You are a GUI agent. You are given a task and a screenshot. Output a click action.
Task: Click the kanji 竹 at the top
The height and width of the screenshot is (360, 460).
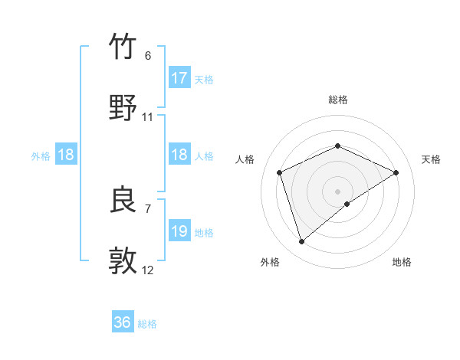point(123,47)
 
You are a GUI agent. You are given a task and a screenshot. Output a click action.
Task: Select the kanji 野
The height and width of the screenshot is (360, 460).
point(123,108)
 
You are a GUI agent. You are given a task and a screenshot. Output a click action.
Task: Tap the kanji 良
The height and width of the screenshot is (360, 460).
point(123,200)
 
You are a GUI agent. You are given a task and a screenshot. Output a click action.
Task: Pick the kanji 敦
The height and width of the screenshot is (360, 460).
point(123,260)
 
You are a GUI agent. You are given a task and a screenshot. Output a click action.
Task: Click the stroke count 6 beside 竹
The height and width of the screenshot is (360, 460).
point(147,56)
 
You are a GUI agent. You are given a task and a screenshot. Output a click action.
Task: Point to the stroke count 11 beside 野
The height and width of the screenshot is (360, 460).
point(148,117)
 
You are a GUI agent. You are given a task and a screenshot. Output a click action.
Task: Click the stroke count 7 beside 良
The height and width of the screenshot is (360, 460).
point(147,208)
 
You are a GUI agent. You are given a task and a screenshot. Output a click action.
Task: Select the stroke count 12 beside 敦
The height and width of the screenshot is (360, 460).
point(148,270)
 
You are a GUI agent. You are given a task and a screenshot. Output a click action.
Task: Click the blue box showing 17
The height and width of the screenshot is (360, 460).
point(179,78)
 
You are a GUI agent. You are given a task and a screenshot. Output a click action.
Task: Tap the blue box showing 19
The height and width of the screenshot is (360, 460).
point(179,231)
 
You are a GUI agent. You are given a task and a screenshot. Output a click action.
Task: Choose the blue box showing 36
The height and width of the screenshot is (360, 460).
point(123,322)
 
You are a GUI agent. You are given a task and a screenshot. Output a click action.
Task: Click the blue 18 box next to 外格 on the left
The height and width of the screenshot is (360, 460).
point(66,155)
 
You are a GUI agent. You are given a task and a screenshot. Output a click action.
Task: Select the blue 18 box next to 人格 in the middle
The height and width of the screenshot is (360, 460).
point(179,155)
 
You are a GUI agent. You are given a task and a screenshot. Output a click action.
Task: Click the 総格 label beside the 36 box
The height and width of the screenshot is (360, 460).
point(147,324)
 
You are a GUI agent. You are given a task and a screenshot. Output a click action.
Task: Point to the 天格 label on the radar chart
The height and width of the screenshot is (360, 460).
point(431,159)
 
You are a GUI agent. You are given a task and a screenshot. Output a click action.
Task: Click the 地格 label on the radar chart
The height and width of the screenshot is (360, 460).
point(402,262)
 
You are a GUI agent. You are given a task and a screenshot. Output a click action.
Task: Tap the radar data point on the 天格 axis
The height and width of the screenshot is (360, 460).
point(396,172)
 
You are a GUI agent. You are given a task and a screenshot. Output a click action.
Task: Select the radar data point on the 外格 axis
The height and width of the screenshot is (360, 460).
point(301,242)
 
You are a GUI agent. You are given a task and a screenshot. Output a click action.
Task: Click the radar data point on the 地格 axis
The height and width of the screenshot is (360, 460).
point(347,204)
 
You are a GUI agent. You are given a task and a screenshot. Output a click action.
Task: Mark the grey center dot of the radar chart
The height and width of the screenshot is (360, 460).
point(337,191)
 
